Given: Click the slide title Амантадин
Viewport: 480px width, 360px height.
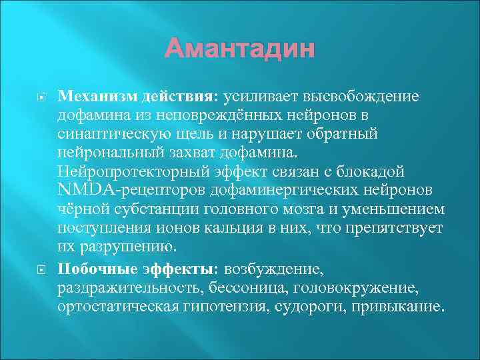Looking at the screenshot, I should coord(239,49).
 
